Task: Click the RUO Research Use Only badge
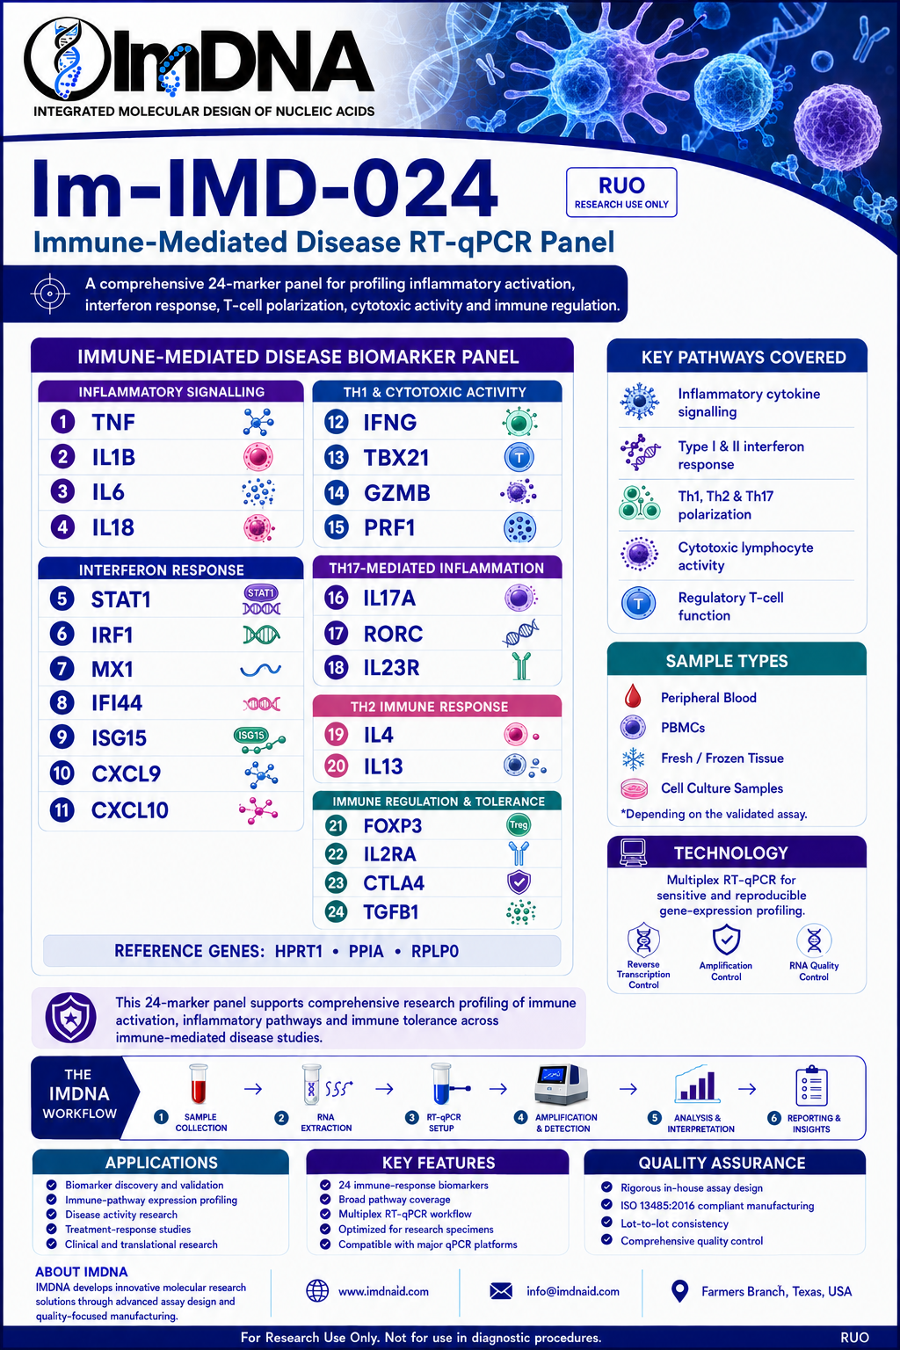pos(621,192)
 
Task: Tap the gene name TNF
pos(113,423)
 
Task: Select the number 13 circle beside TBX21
pos(336,457)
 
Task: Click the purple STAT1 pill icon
pos(261,593)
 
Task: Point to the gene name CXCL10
pos(129,810)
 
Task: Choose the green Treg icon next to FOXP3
pos(519,825)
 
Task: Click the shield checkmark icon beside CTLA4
pos(519,882)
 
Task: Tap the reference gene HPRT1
pos(299,951)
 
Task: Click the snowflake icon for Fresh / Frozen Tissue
pos(633,758)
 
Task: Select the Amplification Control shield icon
pos(726,939)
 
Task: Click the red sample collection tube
pos(199,1085)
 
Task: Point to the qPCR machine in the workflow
pos(561,1085)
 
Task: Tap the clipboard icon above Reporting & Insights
pos(811,1085)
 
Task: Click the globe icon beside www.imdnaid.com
pos(317,1291)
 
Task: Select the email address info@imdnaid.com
pos(573,1291)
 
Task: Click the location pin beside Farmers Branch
pos(679,1291)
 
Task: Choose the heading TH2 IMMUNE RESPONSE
pos(429,707)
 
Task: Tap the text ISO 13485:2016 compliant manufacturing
pos(717,1205)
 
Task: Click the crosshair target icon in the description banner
pos(50,294)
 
